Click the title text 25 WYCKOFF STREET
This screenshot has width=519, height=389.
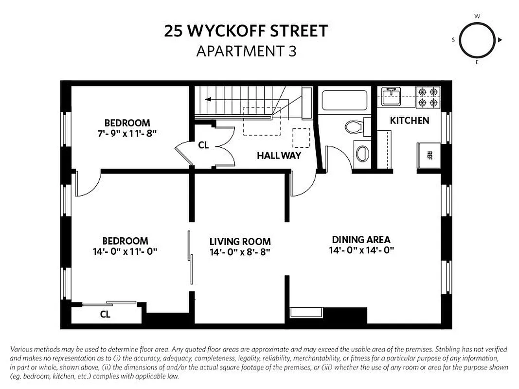(246, 32)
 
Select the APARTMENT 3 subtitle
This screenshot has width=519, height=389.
(246, 51)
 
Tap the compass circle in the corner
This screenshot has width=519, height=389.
(477, 40)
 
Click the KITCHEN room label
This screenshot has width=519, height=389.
(410, 120)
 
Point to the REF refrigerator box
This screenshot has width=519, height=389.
(429, 156)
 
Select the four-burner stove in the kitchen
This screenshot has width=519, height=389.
(428, 97)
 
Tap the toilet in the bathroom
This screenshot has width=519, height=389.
(355, 127)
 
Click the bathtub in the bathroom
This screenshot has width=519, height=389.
(344, 101)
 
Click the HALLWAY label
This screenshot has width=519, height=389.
(279, 156)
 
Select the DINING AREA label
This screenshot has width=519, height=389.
(361, 239)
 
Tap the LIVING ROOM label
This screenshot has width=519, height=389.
(240, 242)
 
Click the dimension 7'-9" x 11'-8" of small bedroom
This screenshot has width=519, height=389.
(127, 133)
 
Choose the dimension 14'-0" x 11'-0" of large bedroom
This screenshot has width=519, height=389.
(125, 251)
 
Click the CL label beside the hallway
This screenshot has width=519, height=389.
(203, 145)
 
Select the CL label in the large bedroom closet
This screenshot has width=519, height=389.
(105, 314)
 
